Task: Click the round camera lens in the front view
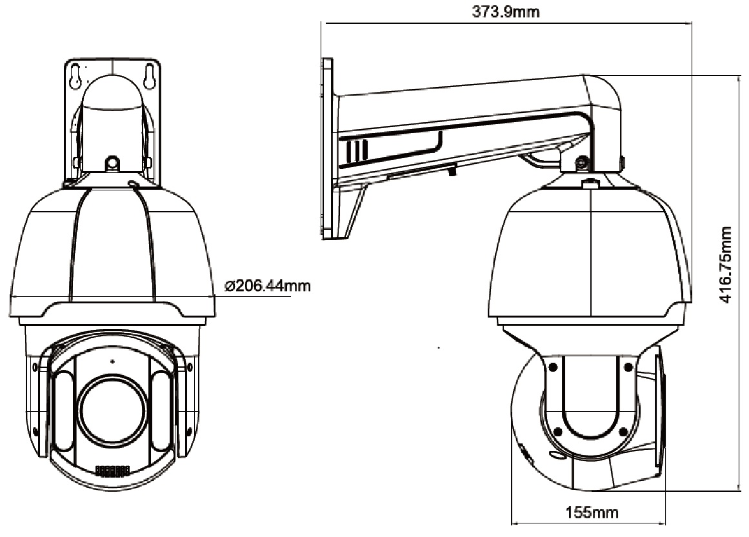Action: click(112, 411)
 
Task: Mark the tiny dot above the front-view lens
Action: click(112, 361)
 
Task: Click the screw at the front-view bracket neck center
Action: click(112, 162)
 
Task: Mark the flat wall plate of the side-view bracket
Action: click(326, 148)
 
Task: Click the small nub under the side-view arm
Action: click(452, 170)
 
